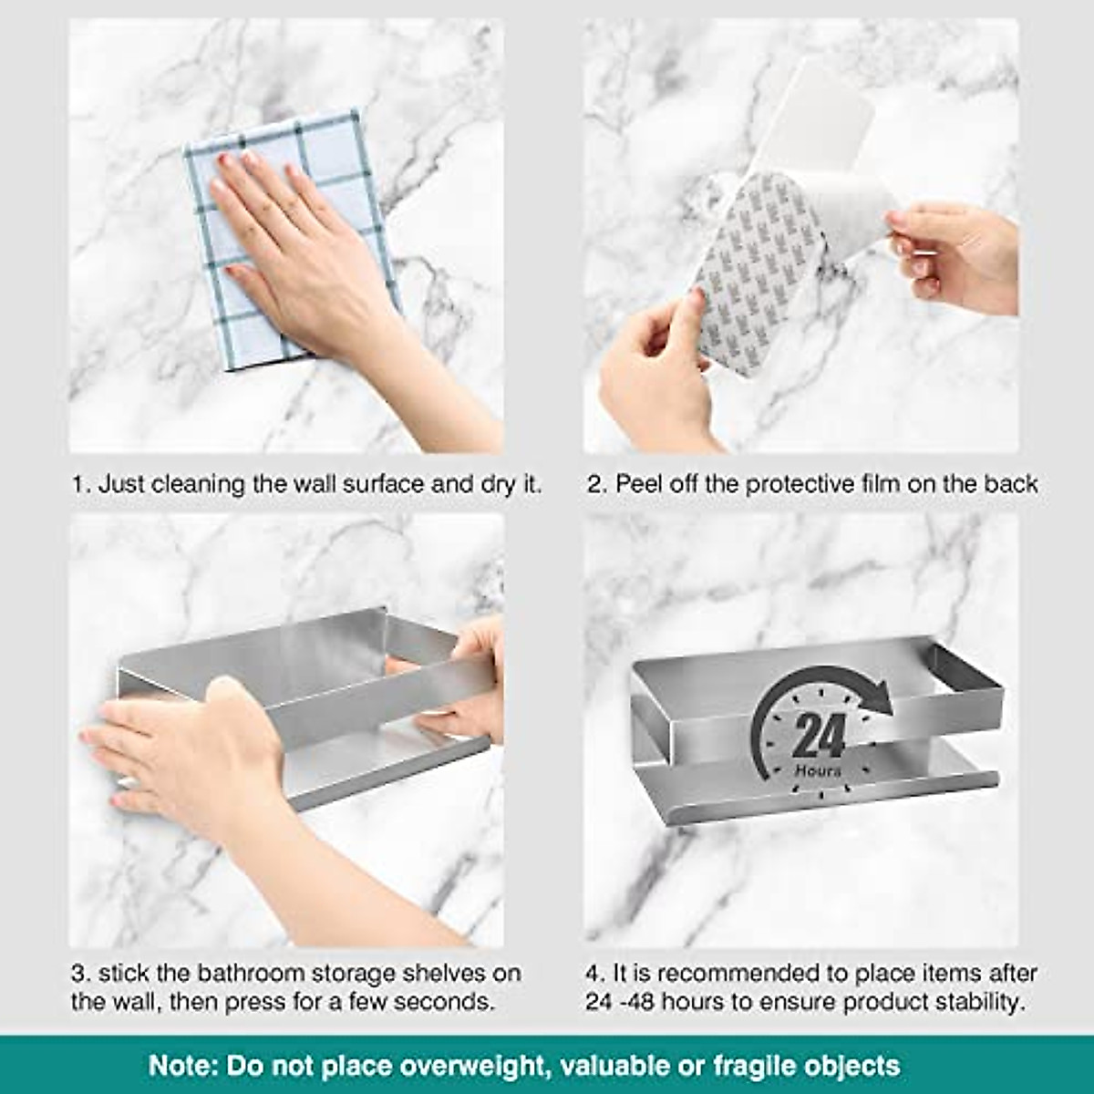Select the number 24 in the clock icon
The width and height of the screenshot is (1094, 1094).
tap(818, 735)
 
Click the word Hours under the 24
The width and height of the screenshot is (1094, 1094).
tap(818, 771)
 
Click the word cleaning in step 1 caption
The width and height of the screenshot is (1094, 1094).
tap(198, 484)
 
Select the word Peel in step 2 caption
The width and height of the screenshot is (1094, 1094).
tap(639, 484)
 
